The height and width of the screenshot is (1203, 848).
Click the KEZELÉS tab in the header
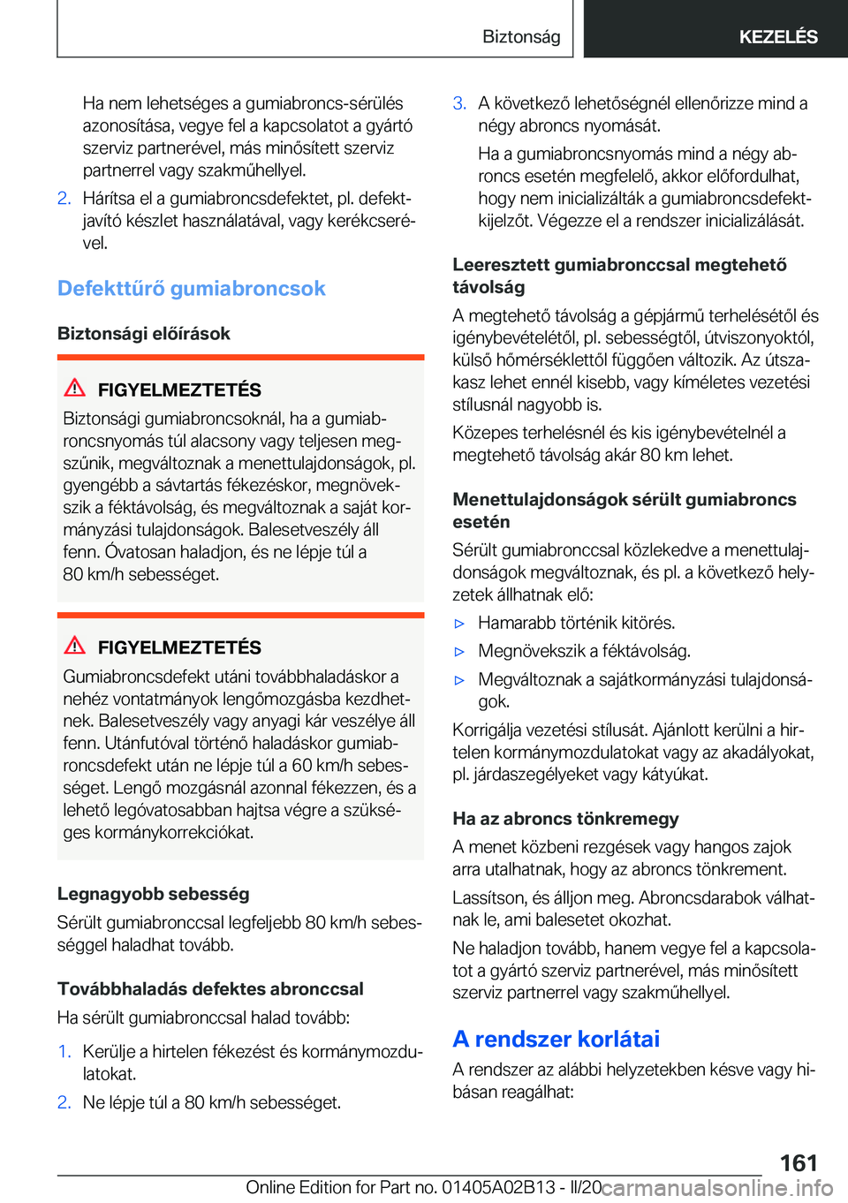pos(777,37)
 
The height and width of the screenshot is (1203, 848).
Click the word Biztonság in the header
pos(521,37)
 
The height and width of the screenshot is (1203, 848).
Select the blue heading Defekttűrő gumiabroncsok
pos(191,289)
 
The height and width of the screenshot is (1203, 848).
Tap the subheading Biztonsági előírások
pos(143,334)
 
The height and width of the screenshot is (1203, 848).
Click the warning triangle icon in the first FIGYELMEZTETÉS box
pos(75,388)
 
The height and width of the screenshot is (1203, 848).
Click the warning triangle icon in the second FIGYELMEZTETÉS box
pos(75,646)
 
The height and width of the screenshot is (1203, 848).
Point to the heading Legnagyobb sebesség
pos(153,894)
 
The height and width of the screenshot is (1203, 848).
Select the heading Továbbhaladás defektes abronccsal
pos(210,989)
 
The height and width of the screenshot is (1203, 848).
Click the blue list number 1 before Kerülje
pos(64,1052)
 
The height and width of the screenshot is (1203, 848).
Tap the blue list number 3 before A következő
pos(459,103)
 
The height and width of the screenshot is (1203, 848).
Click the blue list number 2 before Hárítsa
pos(64,198)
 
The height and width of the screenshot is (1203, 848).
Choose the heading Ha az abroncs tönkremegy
pos(565,819)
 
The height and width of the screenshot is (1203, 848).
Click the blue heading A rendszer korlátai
pos(556,1040)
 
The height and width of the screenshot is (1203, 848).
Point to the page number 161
pos(798,1162)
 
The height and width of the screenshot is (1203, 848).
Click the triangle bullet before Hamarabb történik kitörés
pos(459,624)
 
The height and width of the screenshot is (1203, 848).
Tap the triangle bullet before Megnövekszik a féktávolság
pos(459,652)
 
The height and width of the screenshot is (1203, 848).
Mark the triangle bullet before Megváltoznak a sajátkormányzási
pos(459,680)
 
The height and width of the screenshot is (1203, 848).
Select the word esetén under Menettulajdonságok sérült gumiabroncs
pos(481,522)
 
